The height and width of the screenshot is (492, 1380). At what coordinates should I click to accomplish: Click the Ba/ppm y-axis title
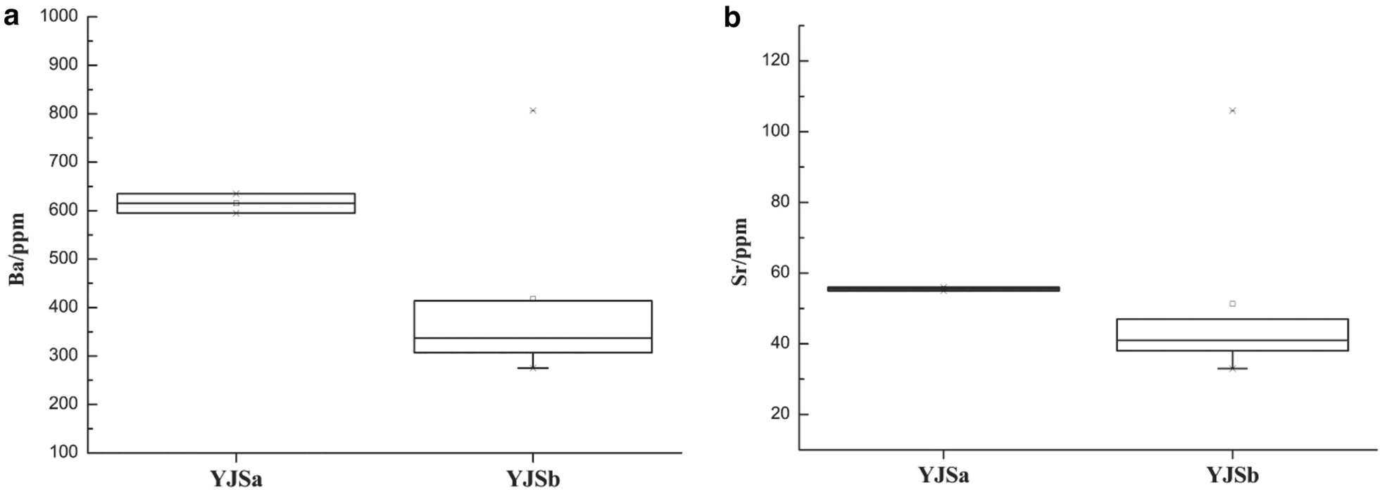tap(17, 249)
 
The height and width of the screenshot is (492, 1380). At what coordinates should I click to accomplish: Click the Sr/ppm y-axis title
tap(739, 251)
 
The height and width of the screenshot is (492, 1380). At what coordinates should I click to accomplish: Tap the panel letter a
tap(11, 16)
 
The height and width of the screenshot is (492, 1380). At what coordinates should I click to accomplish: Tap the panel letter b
tap(732, 18)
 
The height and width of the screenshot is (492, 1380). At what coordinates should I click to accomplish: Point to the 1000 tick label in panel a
tap(58, 16)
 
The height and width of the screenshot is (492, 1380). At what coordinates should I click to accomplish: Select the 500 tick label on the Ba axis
tap(63, 259)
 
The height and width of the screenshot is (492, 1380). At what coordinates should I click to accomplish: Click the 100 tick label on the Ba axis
tap(63, 453)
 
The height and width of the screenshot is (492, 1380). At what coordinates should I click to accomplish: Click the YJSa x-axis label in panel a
tap(236, 479)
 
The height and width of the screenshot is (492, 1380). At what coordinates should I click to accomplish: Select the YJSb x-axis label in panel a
tap(533, 479)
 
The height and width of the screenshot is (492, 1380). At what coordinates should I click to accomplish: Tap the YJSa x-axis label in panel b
tap(943, 475)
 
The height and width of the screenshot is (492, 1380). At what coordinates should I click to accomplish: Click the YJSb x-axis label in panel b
tap(1232, 475)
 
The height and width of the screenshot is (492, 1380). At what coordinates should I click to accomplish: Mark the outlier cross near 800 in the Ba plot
tap(533, 111)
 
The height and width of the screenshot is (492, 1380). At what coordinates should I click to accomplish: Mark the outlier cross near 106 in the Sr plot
tap(1232, 111)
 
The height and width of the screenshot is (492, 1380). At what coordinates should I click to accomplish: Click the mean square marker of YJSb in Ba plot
tap(533, 298)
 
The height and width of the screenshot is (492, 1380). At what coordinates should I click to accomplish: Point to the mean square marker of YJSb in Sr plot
tap(1232, 303)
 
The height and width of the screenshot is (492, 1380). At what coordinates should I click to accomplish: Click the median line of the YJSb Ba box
tap(533, 338)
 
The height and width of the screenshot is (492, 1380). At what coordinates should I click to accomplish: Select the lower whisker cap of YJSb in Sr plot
tap(1232, 368)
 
